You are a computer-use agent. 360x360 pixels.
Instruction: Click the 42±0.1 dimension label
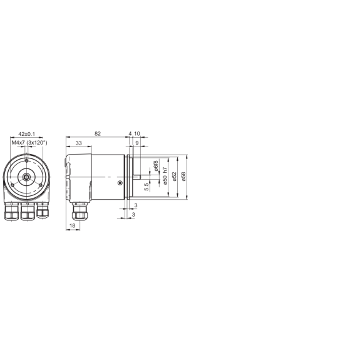click(x=27, y=134)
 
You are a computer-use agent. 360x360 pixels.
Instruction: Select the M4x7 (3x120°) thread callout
click(x=29, y=143)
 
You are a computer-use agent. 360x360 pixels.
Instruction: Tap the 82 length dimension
click(x=98, y=133)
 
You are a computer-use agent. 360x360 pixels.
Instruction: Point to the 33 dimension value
click(x=78, y=143)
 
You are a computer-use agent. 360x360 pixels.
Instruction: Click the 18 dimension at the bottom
click(x=73, y=225)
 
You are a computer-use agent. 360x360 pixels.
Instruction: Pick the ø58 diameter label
click(x=183, y=177)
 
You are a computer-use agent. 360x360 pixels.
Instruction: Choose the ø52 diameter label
click(x=174, y=177)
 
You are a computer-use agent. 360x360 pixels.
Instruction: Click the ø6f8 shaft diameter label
click(x=156, y=166)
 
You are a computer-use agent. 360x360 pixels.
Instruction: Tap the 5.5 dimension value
click(x=147, y=187)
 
